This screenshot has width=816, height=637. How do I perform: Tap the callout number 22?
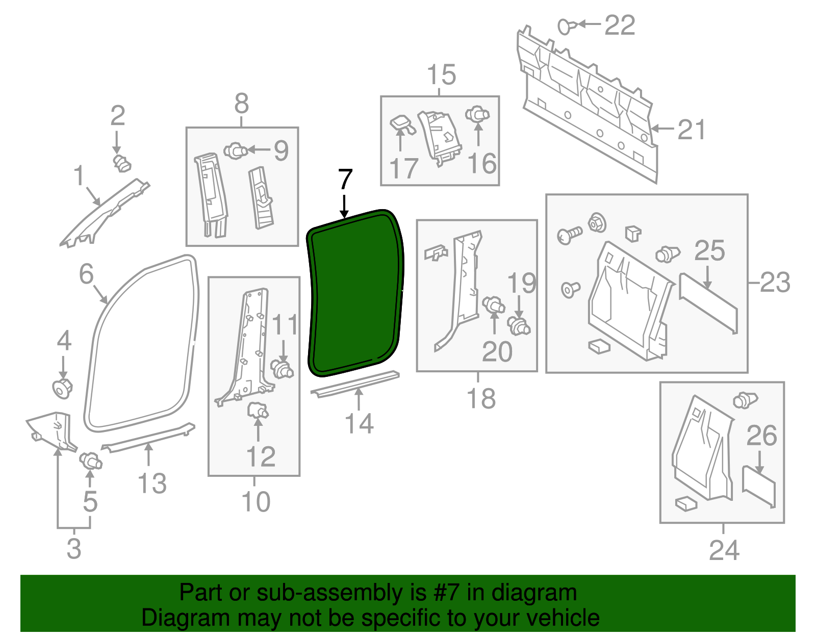click(x=620, y=25)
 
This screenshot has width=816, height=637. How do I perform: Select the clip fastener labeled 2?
click(x=121, y=163)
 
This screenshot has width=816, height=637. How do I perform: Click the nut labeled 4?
click(x=63, y=389)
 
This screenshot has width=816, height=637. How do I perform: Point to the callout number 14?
click(x=359, y=423)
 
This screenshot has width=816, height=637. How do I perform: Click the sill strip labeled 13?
click(x=148, y=437)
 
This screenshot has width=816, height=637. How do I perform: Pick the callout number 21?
click(x=692, y=130)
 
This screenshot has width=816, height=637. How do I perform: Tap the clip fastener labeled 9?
click(x=235, y=151)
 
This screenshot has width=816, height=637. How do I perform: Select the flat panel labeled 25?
click(x=708, y=303)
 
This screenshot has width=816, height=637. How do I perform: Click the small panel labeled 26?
click(x=759, y=487)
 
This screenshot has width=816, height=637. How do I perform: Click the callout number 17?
click(x=403, y=168)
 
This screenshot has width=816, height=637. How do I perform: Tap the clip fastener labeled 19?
click(x=519, y=325)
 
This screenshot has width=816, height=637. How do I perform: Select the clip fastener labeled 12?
click(x=258, y=410)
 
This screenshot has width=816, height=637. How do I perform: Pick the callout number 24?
click(x=724, y=550)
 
